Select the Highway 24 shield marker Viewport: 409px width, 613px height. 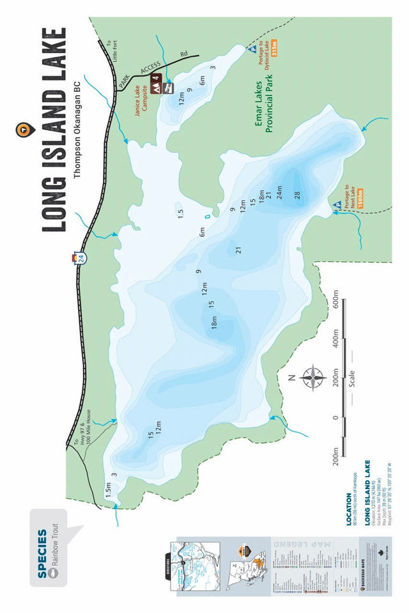[77, 258]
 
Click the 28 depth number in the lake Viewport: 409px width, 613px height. [297, 195]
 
